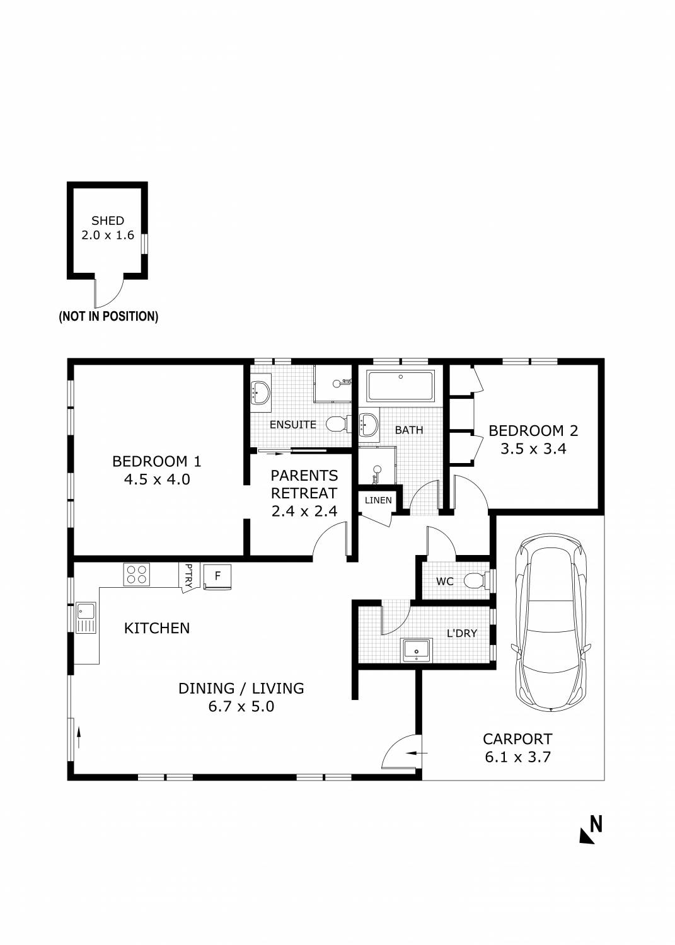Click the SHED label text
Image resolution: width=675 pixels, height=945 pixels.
(108, 220)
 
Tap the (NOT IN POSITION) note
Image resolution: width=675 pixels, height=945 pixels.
(108, 316)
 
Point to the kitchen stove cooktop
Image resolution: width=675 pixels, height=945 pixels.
(137, 574)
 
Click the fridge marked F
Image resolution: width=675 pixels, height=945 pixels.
(217, 576)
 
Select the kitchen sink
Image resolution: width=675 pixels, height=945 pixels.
(85, 617)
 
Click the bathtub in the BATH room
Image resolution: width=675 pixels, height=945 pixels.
(400, 386)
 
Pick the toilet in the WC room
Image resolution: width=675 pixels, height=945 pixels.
(474, 580)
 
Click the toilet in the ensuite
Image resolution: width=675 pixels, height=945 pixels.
(337, 424)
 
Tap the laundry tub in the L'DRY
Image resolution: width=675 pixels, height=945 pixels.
(417, 650)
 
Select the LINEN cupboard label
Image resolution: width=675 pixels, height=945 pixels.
(378, 500)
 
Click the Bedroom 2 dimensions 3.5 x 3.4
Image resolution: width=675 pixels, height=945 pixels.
(533, 449)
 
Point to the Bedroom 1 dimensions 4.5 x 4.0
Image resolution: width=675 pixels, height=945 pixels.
(157, 479)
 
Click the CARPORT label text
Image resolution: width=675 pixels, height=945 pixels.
(517, 739)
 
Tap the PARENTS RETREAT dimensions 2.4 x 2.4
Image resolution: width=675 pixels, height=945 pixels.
(304, 511)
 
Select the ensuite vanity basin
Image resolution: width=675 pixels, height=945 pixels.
(261, 392)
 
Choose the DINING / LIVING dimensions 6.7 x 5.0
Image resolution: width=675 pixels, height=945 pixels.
(241, 706)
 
